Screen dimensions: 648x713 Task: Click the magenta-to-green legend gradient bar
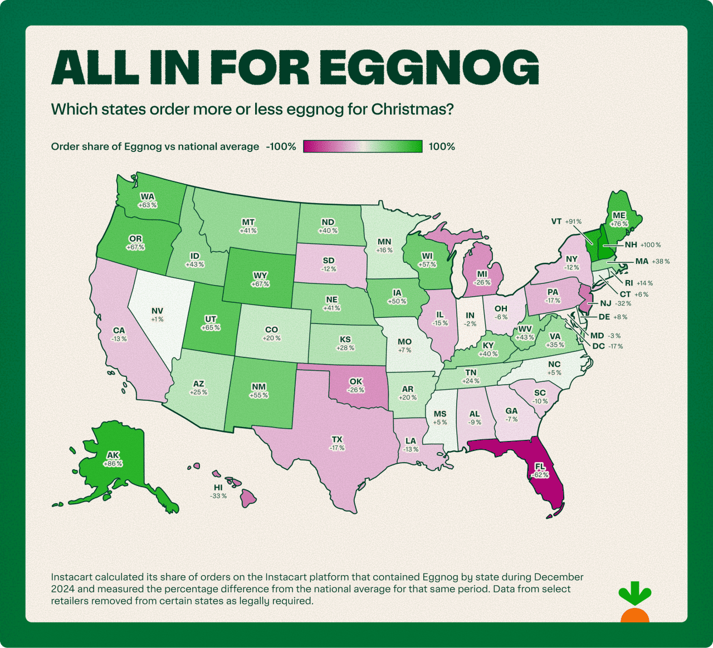(x=363, y=146)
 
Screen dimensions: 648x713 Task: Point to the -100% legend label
(x=281, y=146)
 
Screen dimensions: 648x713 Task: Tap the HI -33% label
(x=218, y=492)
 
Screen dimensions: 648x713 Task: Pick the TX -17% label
(x=337, y=443)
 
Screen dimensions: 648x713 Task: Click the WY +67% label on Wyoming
(x=260, y=279)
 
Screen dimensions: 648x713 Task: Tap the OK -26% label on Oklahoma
(x=356, y=385)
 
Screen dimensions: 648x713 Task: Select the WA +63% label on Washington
(x=148, y=200)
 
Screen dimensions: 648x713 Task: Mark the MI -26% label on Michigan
(x=482, y=278)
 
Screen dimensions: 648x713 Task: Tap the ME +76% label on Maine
(x=619, y=219)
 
